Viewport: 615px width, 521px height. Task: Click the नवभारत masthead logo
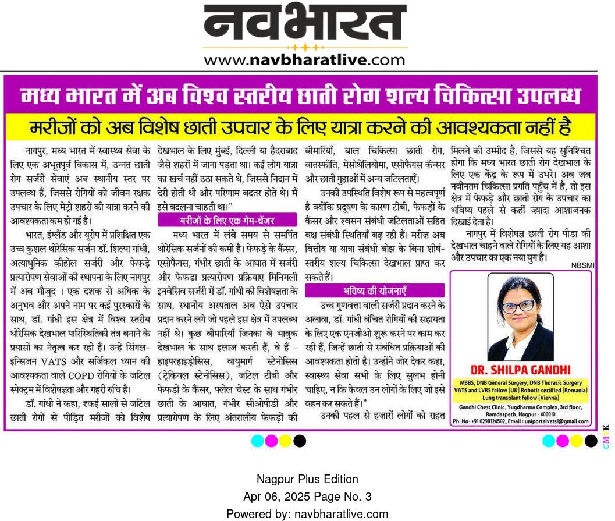click(x=305, y=23)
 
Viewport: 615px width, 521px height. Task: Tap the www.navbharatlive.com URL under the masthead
click(x=304, y=59)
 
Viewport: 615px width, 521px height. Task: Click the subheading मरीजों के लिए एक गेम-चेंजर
click(x=223, y=219)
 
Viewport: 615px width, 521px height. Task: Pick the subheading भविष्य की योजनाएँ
click(x=375, y=289)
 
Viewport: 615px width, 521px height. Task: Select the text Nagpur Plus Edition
click(x=307, y=480)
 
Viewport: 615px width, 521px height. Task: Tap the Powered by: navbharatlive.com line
click(x=307, y=514)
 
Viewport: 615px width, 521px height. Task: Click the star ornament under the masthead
click(x=305, y=47)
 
